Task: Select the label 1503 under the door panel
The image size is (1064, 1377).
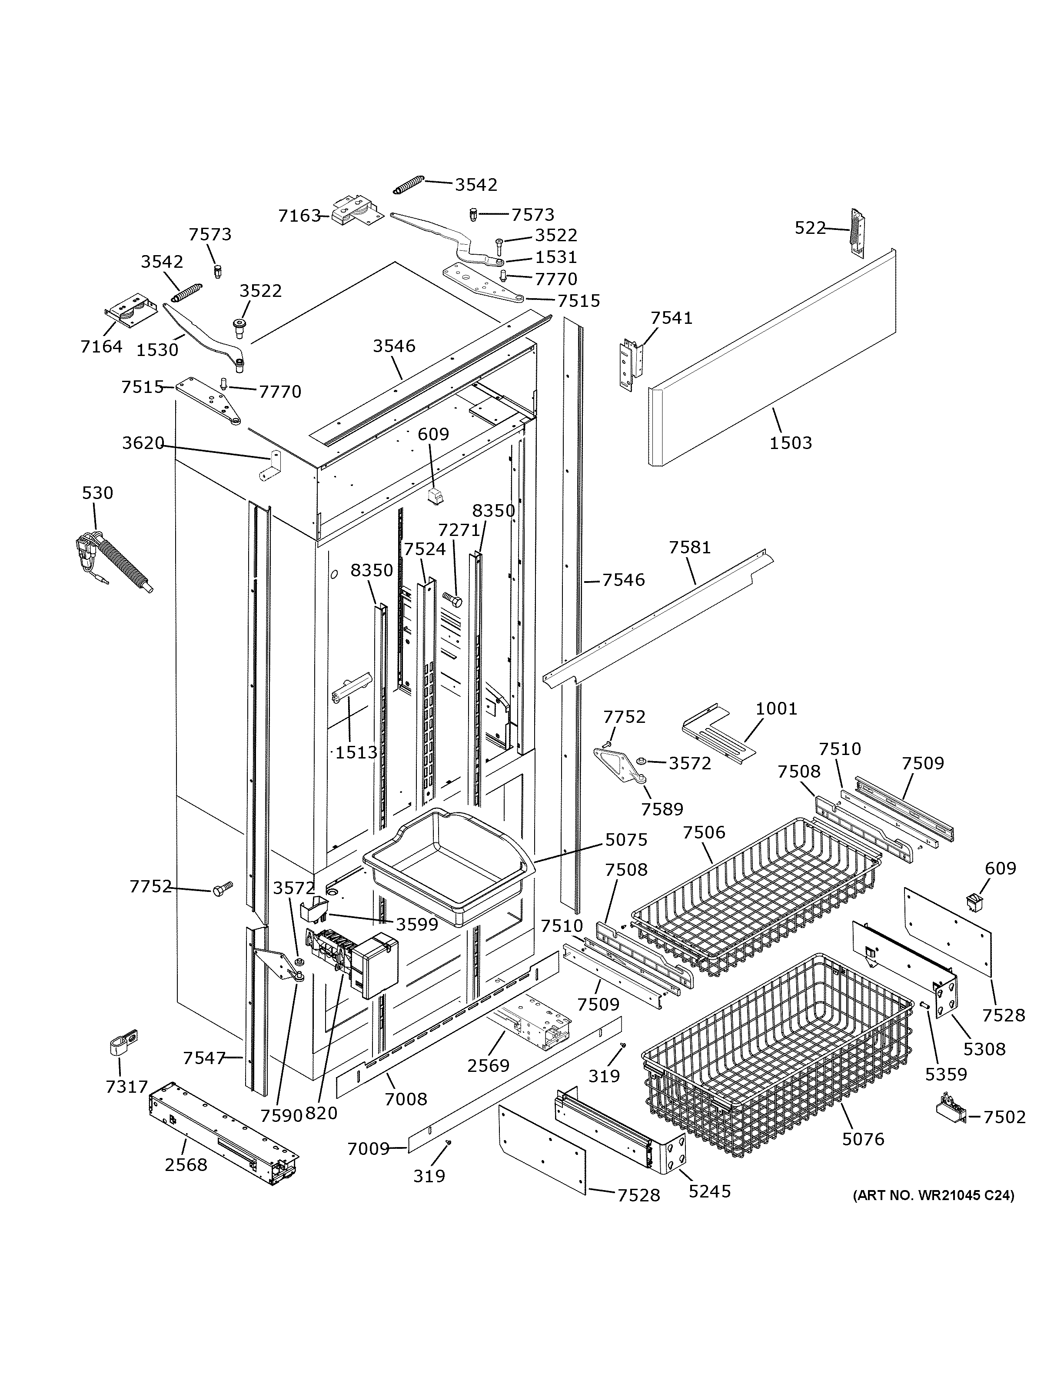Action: pyautogui.click(x=791, y=442)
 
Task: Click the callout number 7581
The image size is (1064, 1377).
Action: pyautogui.click(x=690, y=547)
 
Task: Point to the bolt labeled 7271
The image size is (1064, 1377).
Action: pyautogui.click(x=452, y=599)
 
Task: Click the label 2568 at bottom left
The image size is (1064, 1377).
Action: pyautogui.click(x=186, y=1164)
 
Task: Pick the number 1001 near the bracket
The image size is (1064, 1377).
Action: pyautogui.click(x=776, y=708)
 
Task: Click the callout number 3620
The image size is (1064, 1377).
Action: pyautogui.click(x=143, y=443)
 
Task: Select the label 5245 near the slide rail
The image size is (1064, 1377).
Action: pyautogui.click(x=709, y=1191)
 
